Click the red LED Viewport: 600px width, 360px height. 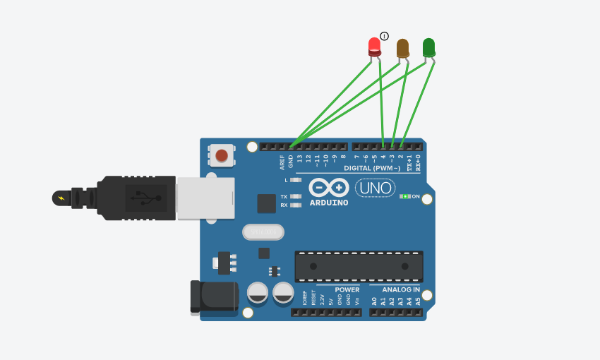click(x=375, y=47)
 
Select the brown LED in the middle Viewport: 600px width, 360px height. click(x=402, y=48)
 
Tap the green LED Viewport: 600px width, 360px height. click(x=428, y=47)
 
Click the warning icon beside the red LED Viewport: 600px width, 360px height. click(x=384, y=36)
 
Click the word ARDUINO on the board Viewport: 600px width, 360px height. click(x=329, y=203)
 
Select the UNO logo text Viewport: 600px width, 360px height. click(x=375, y=188)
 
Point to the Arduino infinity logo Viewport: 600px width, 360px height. click(x=329, y=187)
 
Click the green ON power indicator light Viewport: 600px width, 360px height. click(x=404, y=196)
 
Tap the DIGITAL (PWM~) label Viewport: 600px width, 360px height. click(x=372, y=169)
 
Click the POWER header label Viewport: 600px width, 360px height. click(x=347, y=289)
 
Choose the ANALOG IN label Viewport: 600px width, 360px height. click(x=401, y=289)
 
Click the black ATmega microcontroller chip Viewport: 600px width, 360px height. click(x=359, y=266)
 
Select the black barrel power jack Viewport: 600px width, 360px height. click(x=215, y=296)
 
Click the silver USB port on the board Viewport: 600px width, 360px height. click(x=205, y=198)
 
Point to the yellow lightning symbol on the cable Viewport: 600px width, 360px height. click(x=61, y=198)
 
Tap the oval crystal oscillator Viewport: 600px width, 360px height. click(x=263, y=232)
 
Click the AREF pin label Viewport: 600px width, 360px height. click(x=282, y=162)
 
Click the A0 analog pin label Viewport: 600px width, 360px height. click(x=374, y=301)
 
